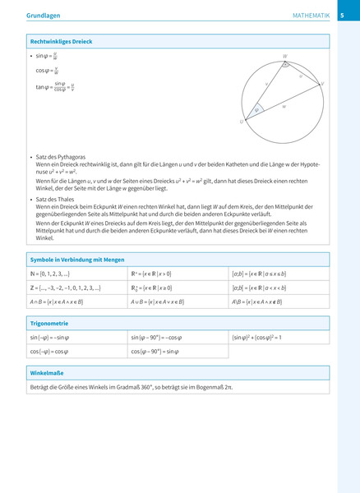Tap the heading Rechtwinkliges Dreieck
[x=61, y=41]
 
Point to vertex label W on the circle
[x=284, y=57]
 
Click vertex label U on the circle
[x=242, y=122]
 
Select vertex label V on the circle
[x=322, y=84]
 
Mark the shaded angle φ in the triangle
[x=256, y=110]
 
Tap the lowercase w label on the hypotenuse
[x=284, y=106]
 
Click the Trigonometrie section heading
[x=50, y=324]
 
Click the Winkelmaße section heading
[x=48, y=373]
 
